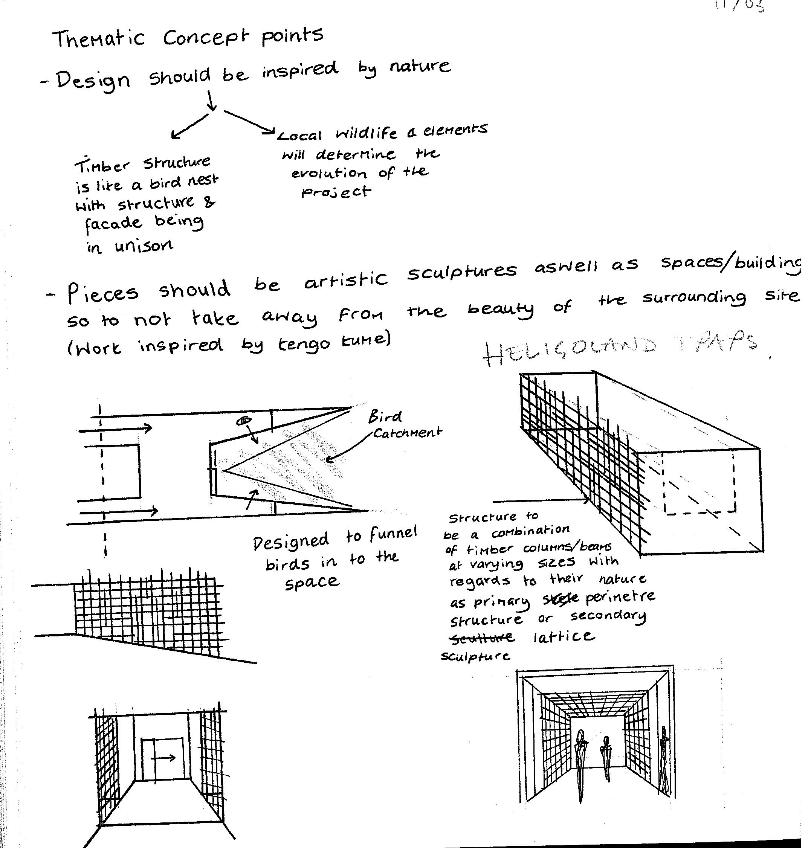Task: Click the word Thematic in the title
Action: (x=99, y=39)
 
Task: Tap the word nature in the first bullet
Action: (x=420, y=66)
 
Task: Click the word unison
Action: (x=144, y=247)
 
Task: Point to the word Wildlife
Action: (x=367, y=134)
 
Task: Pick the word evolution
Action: (x=328, y=174)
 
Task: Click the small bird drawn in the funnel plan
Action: (x=244, y=420)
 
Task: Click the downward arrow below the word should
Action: (x=211, y=100)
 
